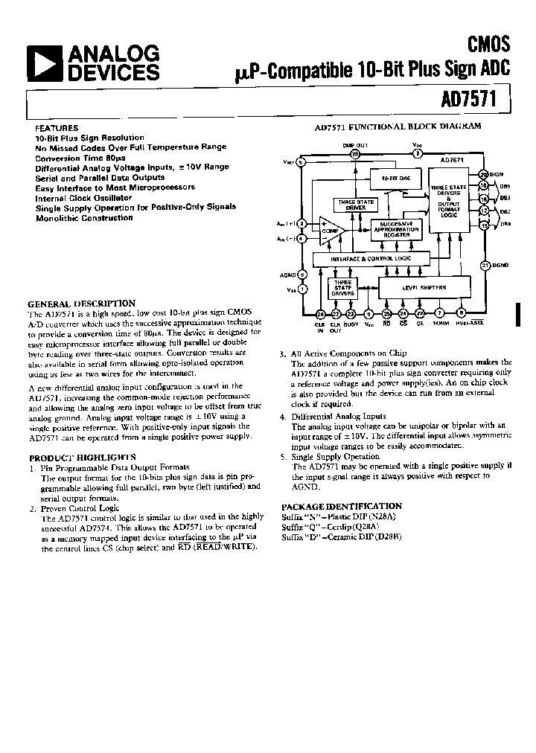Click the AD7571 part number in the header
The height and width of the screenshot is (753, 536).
pos(479,97)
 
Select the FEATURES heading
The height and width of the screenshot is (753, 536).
pos(56,128)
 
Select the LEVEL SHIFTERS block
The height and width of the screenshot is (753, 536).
pos(425,286)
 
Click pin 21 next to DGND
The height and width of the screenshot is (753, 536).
pos(484,265)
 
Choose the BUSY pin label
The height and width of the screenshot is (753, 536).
pos(350,324)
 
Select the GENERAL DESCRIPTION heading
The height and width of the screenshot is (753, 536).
pos(82,304)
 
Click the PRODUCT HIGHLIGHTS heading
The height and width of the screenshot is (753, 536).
pos(82,457)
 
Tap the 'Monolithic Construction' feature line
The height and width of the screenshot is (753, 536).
pos(84,218)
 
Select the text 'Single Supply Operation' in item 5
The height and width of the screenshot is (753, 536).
pos(335,457)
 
